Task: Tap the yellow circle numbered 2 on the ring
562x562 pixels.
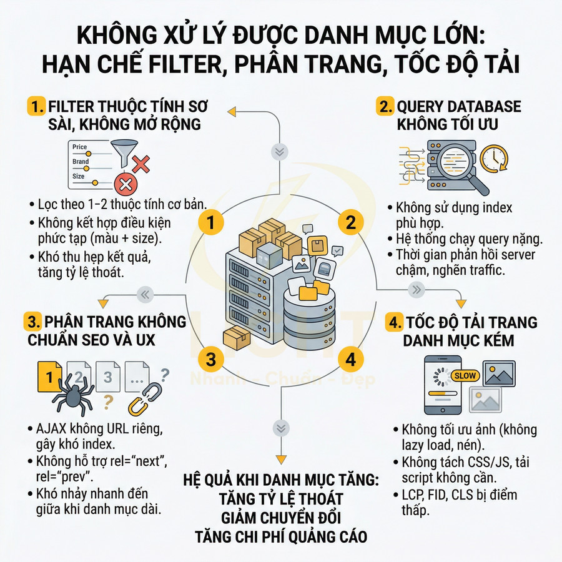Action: pos(350,222)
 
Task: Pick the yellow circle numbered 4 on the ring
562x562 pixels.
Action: pos(350,360)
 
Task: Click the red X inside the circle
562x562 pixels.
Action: pos(127,184)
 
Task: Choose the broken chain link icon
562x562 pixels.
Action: pos(143,400)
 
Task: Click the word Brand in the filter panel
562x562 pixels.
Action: pos(81,162)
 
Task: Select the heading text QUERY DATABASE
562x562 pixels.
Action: pos(458,107)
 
